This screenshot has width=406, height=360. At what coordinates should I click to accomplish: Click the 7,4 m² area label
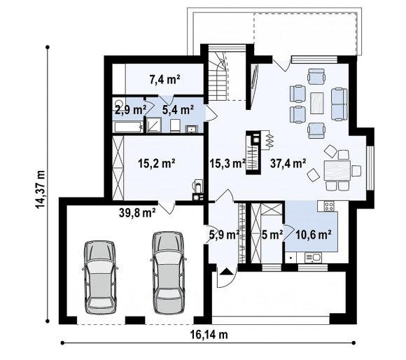coord(165,79)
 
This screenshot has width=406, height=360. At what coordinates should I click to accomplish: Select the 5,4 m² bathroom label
coord(178,110)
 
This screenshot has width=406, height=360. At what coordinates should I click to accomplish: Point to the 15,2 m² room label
coord(157,163)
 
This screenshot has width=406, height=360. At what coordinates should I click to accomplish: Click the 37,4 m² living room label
coord(288,163)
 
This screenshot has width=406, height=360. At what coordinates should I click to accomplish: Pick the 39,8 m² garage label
coord(137,213)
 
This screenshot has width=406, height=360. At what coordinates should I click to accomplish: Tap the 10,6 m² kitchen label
coord(314,235)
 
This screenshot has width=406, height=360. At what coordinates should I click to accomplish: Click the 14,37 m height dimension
coord(41,189)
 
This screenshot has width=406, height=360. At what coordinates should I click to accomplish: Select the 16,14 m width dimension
coord(209,335)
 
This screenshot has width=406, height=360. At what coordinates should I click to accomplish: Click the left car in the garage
coord(100,277)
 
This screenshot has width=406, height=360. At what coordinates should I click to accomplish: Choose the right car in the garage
coord(168,272)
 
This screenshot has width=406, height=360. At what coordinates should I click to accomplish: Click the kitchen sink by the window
coord(313,258)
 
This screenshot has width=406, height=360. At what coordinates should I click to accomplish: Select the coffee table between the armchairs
coord(317,103)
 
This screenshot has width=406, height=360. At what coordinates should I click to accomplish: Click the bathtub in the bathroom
coord(129,127)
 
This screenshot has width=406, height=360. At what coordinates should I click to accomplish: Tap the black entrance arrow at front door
coord(226,272)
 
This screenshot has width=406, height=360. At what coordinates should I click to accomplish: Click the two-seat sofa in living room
coord(339,104)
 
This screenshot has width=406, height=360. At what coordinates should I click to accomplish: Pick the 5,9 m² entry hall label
coord(224,235)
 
